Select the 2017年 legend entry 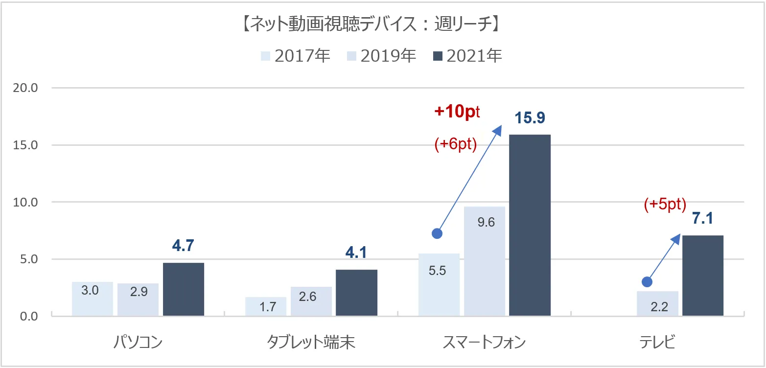(296, 56)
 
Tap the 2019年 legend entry (381, 56)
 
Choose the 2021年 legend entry (467, 56)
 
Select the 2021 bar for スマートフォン (530, 225)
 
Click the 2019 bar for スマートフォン (485, 261)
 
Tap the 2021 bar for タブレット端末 (356, 293)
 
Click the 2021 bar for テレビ (702, 276)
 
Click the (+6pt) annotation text (456, 145)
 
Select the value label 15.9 (530, 118)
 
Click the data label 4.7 (184, 246)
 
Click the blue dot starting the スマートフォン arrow (437, 233)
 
